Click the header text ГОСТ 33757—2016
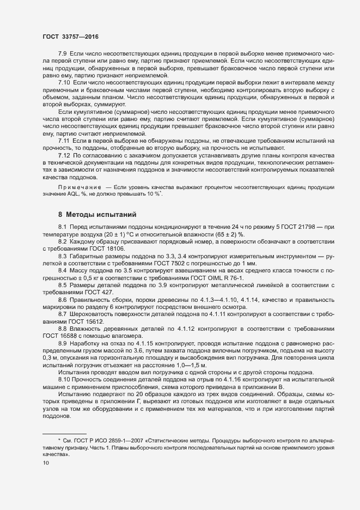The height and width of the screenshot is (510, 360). coord(71,36)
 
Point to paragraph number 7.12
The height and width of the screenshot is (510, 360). coord(64,156)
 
